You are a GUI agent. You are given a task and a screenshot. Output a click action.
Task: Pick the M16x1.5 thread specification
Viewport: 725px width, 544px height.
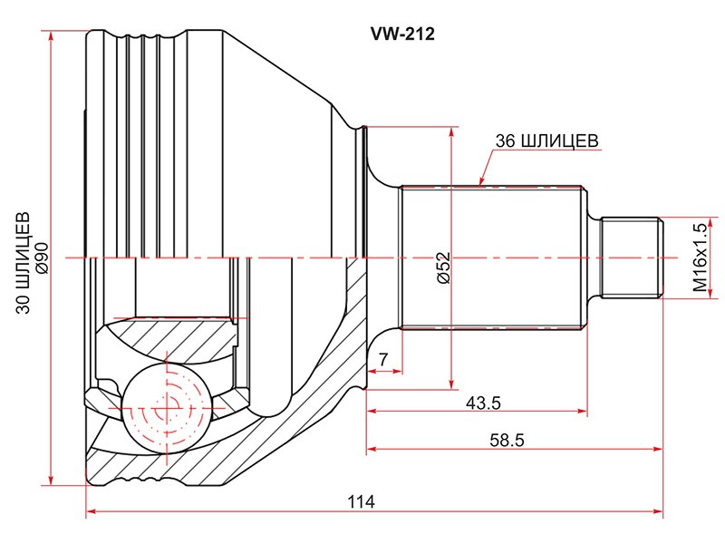(x=699, y=257)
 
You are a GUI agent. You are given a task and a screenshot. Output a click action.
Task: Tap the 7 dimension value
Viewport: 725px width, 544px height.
(x=384, y=360)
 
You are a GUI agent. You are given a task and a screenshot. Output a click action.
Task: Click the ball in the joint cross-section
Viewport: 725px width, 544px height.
(x=166, y=409)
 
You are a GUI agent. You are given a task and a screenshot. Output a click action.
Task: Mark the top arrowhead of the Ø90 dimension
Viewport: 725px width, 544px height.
(x=53, y=35)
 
